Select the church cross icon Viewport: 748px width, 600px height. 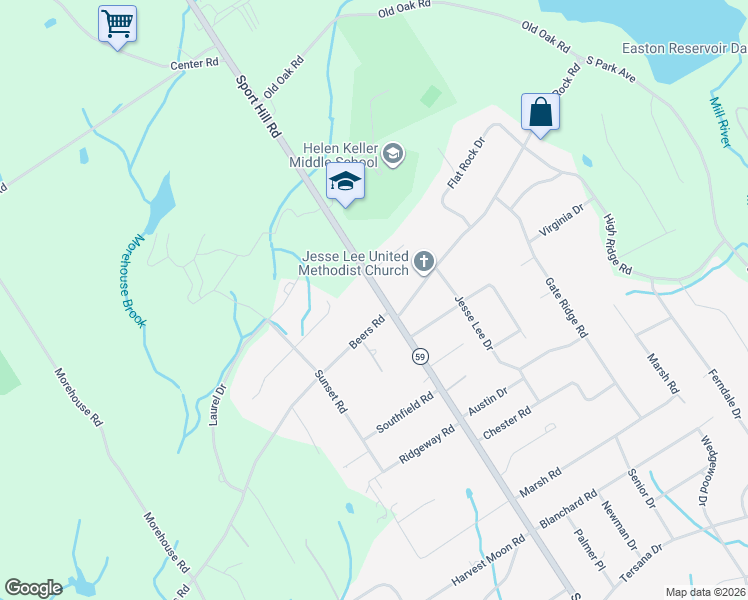424,263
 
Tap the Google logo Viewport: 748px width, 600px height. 33,588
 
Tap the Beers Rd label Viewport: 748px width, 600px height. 367,333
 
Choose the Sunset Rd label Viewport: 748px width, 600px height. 330,393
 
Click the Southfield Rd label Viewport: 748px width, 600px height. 404,412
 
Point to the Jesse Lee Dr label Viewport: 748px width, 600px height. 474,322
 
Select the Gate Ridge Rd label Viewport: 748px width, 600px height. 565,308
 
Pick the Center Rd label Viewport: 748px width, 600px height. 194,64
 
